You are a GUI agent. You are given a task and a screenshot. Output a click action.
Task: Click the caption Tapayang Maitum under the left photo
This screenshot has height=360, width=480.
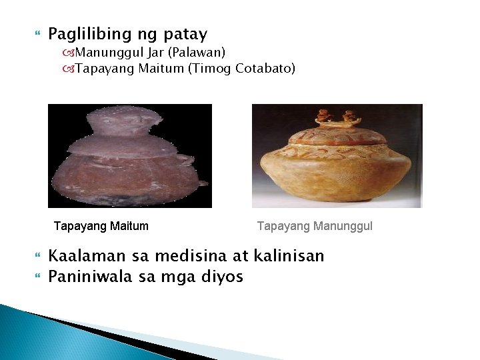(101, 227)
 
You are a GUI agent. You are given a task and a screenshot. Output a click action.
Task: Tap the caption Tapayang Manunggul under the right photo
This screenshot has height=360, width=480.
(315, 227)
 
